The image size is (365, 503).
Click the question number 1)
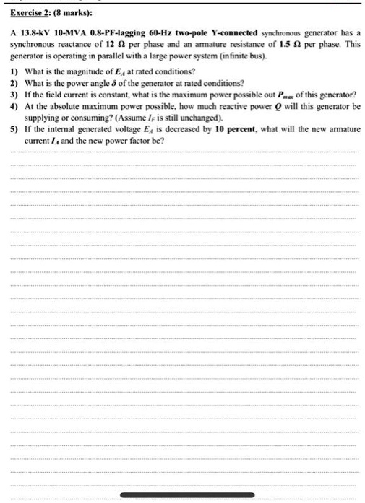pos(16,71)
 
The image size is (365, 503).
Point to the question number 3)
pos(16,95)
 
